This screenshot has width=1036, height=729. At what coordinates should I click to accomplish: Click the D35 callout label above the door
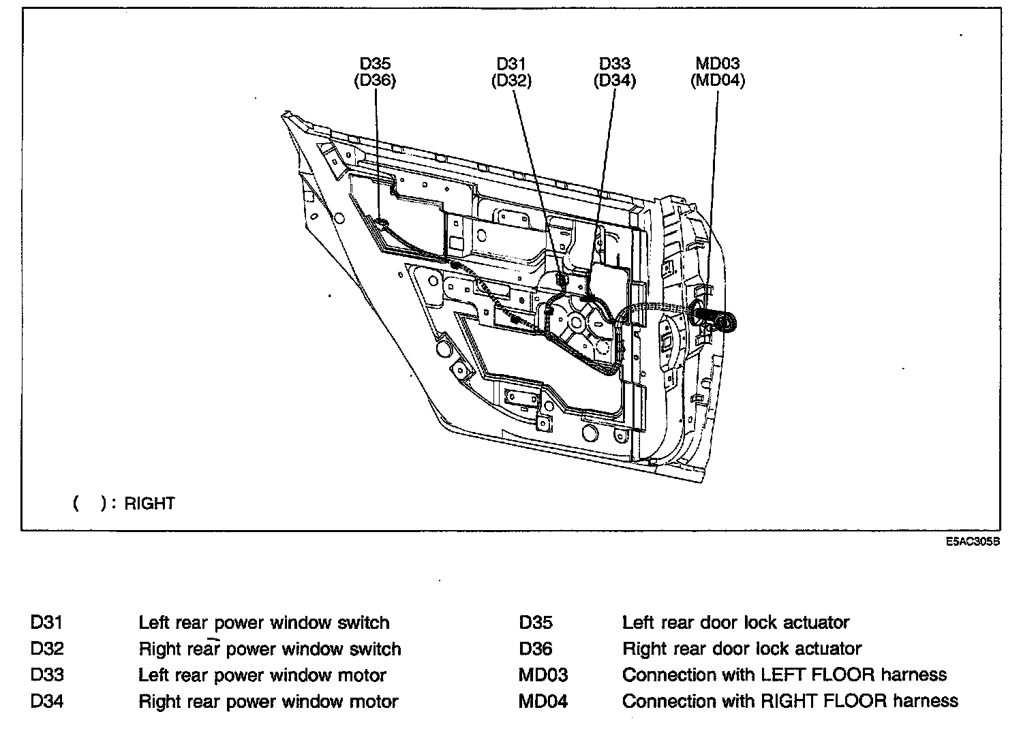click(x=375, y=63)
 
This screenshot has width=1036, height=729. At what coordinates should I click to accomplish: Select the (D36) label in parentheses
click(x=375, y=80)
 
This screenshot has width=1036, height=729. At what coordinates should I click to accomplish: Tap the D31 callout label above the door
click(x=511, y=63)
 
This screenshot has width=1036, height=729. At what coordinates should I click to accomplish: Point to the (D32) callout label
click(x=511, y=80)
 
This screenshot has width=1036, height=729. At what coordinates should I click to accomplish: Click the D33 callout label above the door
click(x=615, y=63)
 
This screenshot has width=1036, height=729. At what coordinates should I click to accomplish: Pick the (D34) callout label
click(x=615, y=80)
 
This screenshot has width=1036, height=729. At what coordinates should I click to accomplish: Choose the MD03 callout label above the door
click(x=718, y=63)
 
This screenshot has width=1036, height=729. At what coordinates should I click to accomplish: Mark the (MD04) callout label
click(x=718, y=80)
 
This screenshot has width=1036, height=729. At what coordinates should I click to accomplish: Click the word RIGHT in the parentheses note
click(x=150, y=503)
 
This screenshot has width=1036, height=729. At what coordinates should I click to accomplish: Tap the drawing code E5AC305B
click(x=973, y=542)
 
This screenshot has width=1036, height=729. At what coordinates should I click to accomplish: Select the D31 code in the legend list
click(x=47, y=622)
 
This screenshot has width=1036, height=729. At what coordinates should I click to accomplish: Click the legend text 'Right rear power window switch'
click(x=270, y=649)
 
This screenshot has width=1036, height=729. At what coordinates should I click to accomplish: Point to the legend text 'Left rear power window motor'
click(x=262, y=675)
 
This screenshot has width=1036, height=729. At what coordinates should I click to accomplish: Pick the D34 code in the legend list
click(x=47, y=701)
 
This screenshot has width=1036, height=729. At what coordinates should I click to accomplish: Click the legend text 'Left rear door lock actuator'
click(x=736, y=622)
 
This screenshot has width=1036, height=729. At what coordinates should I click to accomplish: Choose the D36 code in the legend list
click(x=536, y=649)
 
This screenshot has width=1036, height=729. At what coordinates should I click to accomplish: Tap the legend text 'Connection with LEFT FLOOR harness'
click(x=784, y=675)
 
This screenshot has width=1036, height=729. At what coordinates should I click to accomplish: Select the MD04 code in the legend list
click(x=543, y=701)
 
